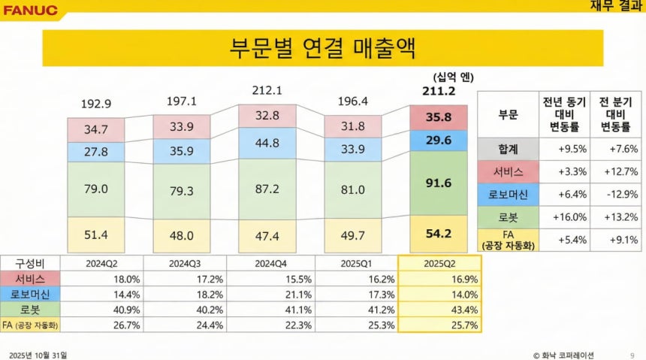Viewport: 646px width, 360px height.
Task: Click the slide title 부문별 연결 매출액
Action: (322, 47)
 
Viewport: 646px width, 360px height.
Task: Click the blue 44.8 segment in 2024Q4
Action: (267, 143)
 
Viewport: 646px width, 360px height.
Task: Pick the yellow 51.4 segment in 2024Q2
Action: (95, 235)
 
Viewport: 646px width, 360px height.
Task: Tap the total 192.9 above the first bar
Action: (95, 103)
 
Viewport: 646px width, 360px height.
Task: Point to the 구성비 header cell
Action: (30, 263)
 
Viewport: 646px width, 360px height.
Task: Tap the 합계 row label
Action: (507, 148)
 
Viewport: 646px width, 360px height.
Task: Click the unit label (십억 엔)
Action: (454, 76)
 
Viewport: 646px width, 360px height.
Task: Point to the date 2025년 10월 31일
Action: (42, 354)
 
